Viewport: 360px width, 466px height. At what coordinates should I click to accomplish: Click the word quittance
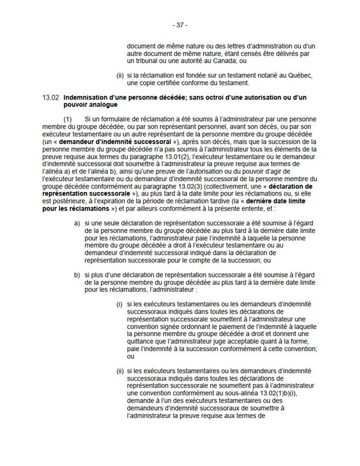pyautogui.click(x=145, y=341)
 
